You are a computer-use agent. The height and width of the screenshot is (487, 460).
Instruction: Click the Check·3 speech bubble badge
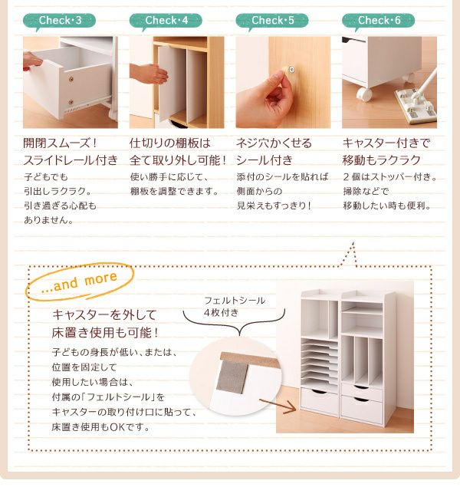point(59,21)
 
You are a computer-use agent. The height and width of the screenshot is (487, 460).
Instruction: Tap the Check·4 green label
point(166,21)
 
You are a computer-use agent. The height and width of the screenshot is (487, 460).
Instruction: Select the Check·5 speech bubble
point(272,21)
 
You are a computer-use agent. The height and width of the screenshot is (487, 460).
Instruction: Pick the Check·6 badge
point(379,21)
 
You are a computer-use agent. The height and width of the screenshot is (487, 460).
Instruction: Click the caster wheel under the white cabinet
point(363,94)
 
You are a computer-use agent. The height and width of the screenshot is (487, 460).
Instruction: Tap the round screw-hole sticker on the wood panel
point(291,69)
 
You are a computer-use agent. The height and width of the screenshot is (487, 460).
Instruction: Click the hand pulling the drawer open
point(31,61)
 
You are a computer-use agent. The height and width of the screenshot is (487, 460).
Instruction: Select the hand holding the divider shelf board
point(148,74)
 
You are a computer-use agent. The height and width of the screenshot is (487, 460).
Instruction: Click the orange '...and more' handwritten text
point(79,281)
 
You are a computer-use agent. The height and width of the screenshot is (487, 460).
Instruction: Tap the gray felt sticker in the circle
point(232,377)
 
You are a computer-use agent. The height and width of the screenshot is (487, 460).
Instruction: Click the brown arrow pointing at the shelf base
point(278,406)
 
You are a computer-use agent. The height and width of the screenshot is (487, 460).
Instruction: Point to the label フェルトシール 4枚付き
point(235,306)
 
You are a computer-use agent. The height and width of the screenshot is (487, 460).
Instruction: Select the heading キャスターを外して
point(104,315)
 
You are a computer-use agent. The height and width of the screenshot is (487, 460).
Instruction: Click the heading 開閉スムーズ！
point(61,143)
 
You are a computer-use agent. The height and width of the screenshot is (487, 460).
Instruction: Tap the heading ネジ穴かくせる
point(274,143)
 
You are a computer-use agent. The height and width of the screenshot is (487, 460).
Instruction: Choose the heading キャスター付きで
point(386,143)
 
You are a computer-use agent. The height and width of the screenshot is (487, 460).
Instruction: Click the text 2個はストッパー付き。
point(390,177)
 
